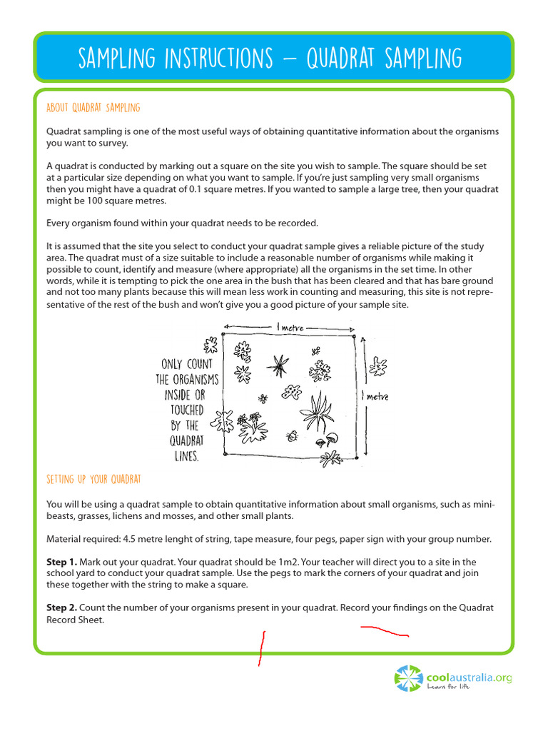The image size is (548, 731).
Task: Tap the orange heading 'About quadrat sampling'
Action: click(93, 108)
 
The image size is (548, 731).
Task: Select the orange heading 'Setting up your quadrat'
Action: click(93, 478)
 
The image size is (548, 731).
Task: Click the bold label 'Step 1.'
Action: click(61, 562)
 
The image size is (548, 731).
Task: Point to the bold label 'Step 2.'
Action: click(61, 608)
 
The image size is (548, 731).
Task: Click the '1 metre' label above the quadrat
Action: click(289, 327)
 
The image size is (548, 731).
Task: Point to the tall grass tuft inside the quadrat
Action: click(317, 413)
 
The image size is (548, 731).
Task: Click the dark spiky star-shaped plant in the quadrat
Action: click(276, 366)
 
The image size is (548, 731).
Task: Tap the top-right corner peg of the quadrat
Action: click(354, 334)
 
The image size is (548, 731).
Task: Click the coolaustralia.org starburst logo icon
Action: click(409, 678)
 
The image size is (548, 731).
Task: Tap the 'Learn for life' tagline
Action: click(448, 687)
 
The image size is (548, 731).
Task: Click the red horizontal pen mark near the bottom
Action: click(384, 630)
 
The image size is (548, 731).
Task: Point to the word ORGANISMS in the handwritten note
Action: click(188, 379)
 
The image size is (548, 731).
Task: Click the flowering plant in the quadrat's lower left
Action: click(253, 427)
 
